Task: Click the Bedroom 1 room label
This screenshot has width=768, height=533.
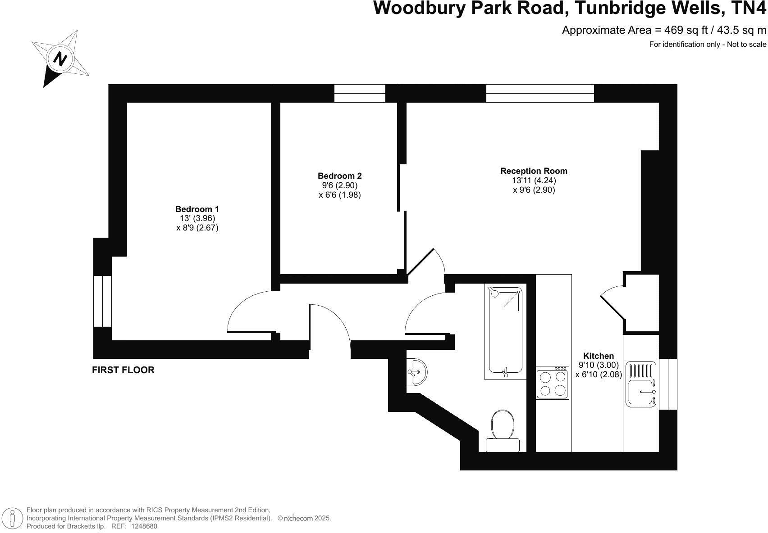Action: [197, 209]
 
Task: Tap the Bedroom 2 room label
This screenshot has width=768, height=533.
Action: [339, 176]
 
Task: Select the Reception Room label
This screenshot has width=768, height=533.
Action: [534, 171]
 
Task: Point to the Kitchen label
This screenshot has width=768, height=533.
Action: [598, 356]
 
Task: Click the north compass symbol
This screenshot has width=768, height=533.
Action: [60, 59]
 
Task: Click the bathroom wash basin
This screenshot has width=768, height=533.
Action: [417, 372]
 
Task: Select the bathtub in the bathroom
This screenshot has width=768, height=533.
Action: [505, 332]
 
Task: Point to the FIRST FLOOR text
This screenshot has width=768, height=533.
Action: [123, 370]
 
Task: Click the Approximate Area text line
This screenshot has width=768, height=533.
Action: [664, 30]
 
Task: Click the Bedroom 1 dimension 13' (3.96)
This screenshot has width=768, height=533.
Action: [197, 218]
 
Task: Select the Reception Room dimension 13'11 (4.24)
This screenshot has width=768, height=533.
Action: [534, 180]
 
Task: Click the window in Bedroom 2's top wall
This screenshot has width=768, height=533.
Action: [360, 93]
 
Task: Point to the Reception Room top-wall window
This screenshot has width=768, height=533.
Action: [540, 93]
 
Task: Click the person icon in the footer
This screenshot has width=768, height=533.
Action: [13, 519]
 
